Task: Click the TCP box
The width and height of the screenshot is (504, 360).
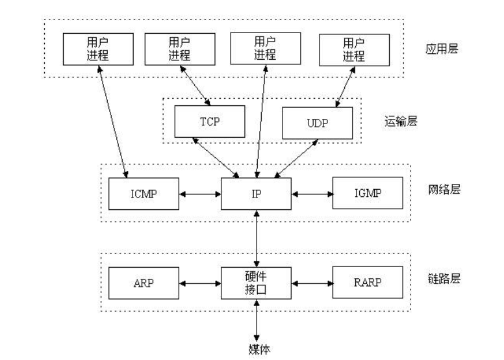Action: pos(210,122)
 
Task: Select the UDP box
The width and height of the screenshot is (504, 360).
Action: pos(317,123)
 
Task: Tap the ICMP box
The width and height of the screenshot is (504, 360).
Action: pos(144,194)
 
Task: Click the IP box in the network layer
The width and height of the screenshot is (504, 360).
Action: pos(256,194)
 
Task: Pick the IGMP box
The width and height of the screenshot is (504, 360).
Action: pos(368,193)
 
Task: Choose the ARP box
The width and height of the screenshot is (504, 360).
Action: pos(144,283)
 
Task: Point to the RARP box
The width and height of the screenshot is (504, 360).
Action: pos(368,282)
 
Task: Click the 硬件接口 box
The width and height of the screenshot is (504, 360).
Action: pos(256,283)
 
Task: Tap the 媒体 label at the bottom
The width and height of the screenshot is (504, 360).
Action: pos(259,350)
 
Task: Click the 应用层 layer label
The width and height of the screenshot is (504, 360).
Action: pos(442,49)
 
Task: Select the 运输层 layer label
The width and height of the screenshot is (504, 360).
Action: pos(401,122)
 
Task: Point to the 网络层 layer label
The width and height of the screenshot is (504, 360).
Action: pos(444,189)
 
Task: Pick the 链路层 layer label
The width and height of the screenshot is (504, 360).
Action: pos(444,278)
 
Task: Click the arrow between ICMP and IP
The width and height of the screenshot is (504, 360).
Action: pos(200,194)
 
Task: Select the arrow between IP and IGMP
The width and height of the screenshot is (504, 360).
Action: pos(312,194)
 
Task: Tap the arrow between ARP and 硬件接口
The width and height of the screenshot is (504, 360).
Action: pos(200,283)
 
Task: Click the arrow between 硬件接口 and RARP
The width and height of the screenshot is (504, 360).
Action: pos(312,283)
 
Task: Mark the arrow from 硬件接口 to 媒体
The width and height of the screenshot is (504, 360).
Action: pos(257,320)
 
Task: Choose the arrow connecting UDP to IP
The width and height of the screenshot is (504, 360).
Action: pos(296,159)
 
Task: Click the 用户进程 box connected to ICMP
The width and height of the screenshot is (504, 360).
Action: pos(98,49)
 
